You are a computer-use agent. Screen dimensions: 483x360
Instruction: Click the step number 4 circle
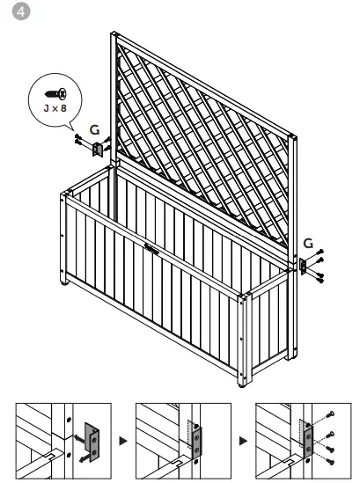[11, 11]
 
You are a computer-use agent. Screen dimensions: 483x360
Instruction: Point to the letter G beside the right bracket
[307, 242]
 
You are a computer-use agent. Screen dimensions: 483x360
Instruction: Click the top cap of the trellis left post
[113, 35]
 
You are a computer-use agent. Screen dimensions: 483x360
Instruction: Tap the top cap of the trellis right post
[294, 137]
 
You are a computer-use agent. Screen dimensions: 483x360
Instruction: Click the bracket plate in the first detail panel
[91, 439]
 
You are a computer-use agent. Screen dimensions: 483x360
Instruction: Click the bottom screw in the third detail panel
[327, 457]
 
